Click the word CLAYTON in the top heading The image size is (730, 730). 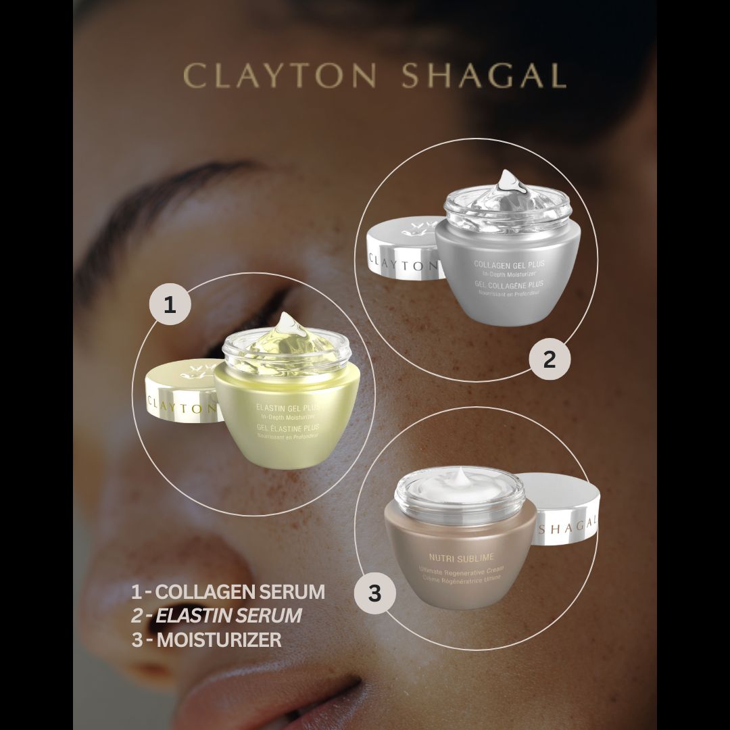click(279, 76)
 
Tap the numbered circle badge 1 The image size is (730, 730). click(169, 305)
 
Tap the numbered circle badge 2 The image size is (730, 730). click(549, 359)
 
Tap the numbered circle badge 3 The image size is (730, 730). click(374, 594)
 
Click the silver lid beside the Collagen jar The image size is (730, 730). click(401, 251)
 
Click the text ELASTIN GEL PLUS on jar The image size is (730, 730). click(287, 408)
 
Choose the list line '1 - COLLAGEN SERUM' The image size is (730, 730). click(228, 592)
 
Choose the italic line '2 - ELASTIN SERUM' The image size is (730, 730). click(216, 616)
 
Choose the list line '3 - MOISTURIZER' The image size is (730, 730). click(207, 639)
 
